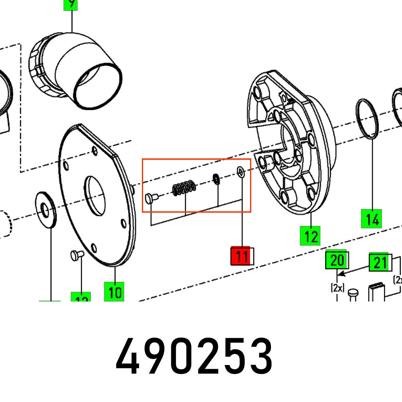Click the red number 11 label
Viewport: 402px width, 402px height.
(241, 256)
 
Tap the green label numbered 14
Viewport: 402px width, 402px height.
(371, 219)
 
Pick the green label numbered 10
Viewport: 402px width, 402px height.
(115, 291)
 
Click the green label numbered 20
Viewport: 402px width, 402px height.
(336, 260)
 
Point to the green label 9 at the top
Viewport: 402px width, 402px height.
(71, 4)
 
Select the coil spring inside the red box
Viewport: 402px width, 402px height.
(185, 188)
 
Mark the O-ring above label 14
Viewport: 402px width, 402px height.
(367, 119)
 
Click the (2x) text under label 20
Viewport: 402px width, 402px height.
(337, 288)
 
